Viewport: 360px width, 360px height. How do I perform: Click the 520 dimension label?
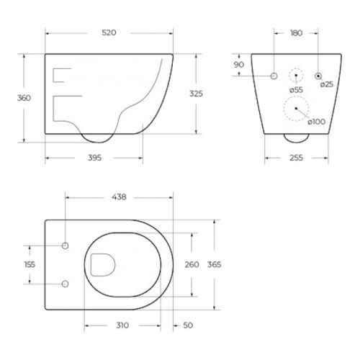pos(109,32)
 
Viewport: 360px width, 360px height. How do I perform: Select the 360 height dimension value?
pos(24,98)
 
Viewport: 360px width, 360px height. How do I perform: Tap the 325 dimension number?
pos(196,94)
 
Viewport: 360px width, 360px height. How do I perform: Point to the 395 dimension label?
pos(94,158)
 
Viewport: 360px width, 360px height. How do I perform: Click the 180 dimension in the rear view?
pos(297,33)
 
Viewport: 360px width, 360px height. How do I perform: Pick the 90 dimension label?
pos(239,65)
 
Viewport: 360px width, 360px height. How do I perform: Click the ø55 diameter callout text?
pos(296,90)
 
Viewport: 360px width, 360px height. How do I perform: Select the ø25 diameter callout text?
pos(327,84)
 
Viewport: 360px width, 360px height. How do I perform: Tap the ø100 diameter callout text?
pos(317,122)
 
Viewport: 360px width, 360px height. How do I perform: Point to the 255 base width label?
pos(296,158)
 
